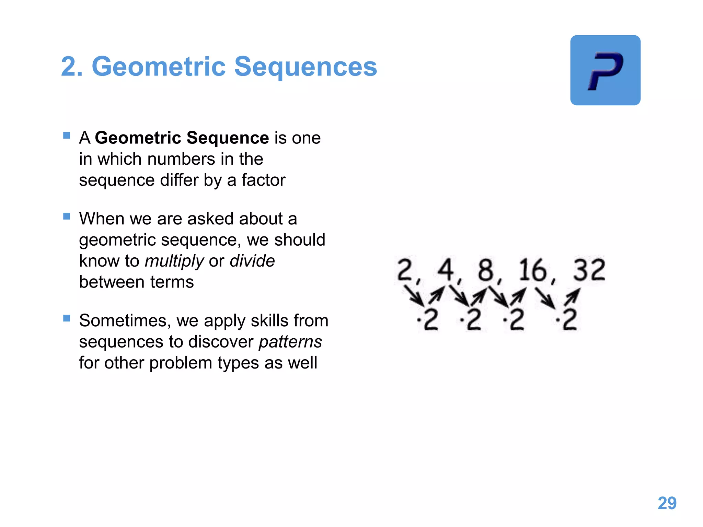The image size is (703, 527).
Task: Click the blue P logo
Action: (605, 70)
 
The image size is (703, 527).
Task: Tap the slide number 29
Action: (667, 503)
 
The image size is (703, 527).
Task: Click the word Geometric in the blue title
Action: (159, 67)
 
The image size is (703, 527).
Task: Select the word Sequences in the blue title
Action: (306, 67)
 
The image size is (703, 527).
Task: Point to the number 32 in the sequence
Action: (589, 270)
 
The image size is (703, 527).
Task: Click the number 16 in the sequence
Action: (532, 270)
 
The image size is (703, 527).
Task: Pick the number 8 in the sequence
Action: (486, 270)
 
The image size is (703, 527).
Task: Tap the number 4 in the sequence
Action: (446, 270)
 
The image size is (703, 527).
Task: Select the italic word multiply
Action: (174, 261)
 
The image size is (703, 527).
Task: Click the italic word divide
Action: (252, 261)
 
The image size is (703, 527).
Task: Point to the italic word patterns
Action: (290, 342)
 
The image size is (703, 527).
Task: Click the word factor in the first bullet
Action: (263, 180)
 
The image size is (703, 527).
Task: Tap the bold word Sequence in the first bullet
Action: (228, 138)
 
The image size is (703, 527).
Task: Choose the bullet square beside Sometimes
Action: (67, 318)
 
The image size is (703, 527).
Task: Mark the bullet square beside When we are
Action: (67, 216)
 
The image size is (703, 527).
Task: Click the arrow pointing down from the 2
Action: (414, 295)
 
